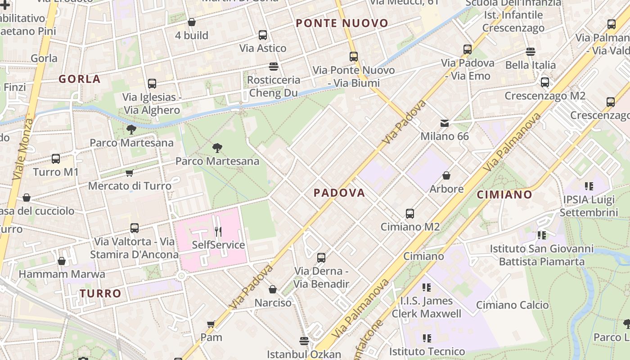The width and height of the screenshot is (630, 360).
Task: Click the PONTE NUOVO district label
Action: click(x=342, y=23)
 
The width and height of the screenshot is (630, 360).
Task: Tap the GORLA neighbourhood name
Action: click(x=80, y=79)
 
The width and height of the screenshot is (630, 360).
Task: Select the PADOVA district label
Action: click(x=339, y=193)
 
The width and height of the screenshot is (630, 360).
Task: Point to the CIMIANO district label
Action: click(x=504, y=194)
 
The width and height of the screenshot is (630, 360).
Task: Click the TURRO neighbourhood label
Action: click(x=101, y=293)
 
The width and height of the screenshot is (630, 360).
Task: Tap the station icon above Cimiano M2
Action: click(x=409, y=213)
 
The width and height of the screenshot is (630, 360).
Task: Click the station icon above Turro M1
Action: click(x=56, y=158)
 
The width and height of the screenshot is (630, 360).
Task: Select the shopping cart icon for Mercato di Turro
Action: click(x=130, y=173)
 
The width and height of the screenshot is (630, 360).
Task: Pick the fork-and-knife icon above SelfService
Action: click(x=218, y=232)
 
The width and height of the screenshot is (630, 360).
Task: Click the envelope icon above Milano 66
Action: click(x=445, y=123)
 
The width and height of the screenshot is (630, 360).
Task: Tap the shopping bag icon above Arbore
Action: click(x=446, y=175)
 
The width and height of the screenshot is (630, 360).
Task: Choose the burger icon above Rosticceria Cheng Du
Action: click(x=273, y=67)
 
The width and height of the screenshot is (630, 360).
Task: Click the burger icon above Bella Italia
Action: click(x=531, y=51)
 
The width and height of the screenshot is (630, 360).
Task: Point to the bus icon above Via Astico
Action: click(x=263, y=35)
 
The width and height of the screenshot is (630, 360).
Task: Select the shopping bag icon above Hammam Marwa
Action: click(x=62, y=261)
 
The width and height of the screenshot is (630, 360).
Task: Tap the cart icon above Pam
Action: click(x=211, y=324)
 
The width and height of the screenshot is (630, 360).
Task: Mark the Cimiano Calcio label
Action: click(x=513, y=305)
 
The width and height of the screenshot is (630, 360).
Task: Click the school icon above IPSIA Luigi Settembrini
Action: click(x=589, y=185)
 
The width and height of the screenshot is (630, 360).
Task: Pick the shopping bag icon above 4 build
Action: click(x=192, y=22)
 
